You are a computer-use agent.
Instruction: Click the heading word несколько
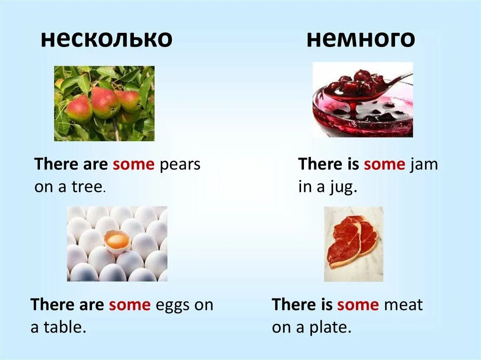[x=106, y=39]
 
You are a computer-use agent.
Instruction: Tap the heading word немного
[x=361, y=39]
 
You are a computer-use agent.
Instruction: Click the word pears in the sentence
[x=180, y=165]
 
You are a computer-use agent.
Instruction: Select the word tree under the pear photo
[x=89, y=187]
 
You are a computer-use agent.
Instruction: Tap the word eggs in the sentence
[x=172, y=305]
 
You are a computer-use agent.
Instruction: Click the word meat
[x=403, y=305]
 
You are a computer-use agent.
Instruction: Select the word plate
[x=329, y=327]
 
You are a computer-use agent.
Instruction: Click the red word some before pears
[x=133, y=165]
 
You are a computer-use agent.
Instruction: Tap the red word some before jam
[x=384, y=165]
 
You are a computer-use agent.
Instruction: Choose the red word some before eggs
[x=130, y=305]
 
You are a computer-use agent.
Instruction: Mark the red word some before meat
[x=357, y=305]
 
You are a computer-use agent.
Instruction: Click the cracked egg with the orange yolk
[x=116, y=241]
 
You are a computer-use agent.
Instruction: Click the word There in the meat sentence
[x=295, y=305]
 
